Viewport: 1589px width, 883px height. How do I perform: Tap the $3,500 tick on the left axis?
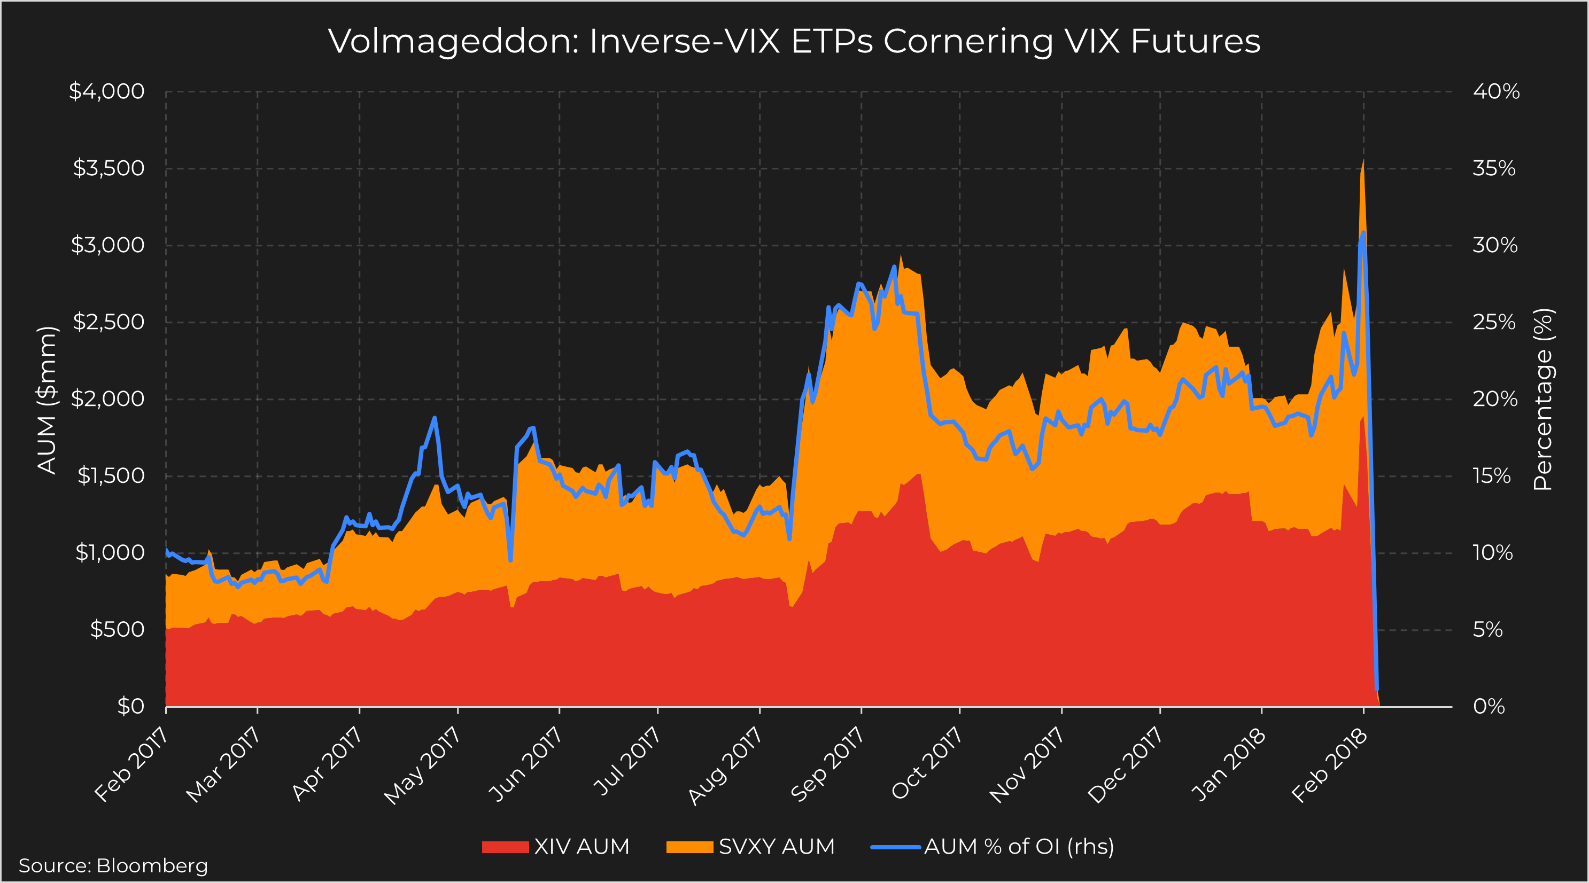[108, 168]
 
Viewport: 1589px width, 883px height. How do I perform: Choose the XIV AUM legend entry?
[556, 847]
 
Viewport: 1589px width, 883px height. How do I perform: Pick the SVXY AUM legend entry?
[751, 847]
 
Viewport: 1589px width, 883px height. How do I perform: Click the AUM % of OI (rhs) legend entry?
[993, 847]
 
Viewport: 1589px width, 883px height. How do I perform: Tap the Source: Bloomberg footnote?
[113, 866]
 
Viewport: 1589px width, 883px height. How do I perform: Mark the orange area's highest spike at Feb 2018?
[1362, 161]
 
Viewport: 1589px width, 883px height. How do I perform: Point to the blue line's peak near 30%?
[1362, 233]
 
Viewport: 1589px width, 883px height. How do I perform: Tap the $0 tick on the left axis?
[131, 706]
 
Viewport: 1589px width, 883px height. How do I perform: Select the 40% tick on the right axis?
[1496, 92]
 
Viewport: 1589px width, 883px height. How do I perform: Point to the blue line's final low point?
[1376, 689]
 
